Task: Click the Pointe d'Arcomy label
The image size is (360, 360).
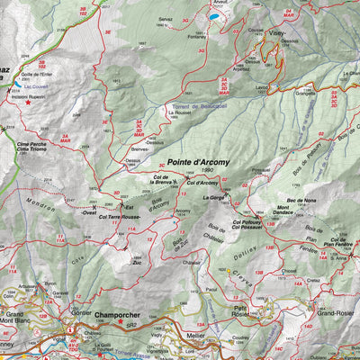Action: click(197, 162)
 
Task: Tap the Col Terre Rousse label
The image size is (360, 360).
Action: click(122, 217)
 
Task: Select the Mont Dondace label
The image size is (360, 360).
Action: click(289, 209)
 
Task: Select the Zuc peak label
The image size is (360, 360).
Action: click(137, 264)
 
